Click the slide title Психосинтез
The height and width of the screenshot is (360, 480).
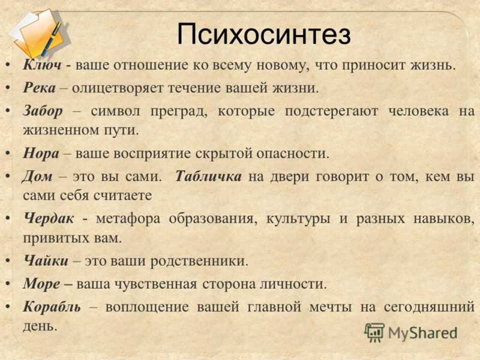[263, 34]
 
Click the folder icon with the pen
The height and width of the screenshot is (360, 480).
[39, 33]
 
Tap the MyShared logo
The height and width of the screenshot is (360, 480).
[410, 332]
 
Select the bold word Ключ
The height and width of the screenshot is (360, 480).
[42, 65]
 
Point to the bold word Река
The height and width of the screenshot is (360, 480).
[40, 88]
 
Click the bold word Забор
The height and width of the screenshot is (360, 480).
[43, 111]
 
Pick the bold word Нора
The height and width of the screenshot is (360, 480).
[41, 153]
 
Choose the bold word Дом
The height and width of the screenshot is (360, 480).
[37, 176]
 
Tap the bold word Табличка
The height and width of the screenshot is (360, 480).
[208, 176]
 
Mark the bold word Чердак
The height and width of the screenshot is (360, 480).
[49, 218]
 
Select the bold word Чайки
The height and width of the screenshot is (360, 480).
[46, 260]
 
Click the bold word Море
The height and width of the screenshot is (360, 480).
[41, 284]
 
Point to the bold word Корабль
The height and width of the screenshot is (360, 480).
[52, 307]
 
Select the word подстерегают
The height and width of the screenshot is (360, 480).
[332, 112]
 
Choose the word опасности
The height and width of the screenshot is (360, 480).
[293, 154]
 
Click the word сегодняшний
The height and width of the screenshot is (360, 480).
[429, 307]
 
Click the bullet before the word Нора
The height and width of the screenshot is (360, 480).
[9, 153]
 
